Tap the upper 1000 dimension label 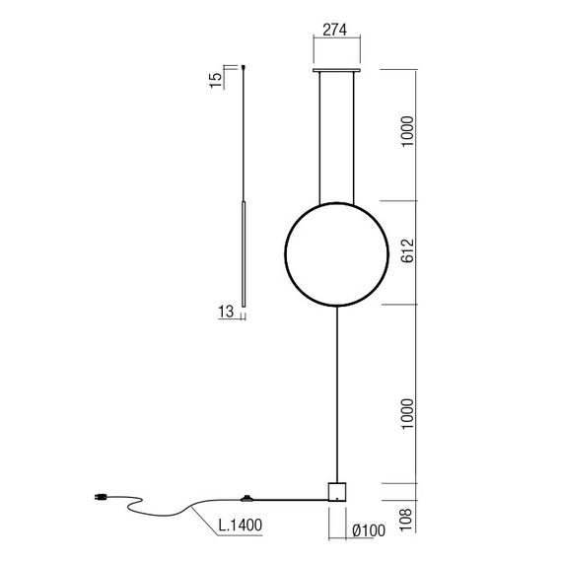(407, 132)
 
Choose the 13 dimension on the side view (225, 313)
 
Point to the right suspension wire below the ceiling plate (357, 138)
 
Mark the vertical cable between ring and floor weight (337, 394)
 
